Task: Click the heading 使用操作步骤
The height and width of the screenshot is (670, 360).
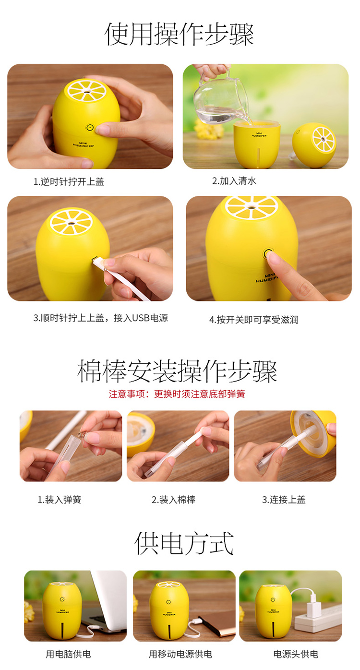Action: click(179, 35)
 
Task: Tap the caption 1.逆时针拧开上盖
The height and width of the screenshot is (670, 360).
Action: click(69, 181)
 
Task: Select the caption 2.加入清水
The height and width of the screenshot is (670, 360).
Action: click(234, 180)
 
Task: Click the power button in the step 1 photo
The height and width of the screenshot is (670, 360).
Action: click(89, 128)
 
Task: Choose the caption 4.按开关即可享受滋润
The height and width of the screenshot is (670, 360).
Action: click(254, 320)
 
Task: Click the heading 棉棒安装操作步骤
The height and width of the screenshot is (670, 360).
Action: click(177, 371)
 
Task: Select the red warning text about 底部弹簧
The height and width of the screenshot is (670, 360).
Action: click(177, 394)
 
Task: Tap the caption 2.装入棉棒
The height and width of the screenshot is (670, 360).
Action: click(173, 500)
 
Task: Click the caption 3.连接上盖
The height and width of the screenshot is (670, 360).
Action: click(284, 500)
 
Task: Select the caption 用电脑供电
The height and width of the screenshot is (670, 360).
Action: click(68, 654)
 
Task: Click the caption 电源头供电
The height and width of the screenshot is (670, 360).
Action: click(295, 654)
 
